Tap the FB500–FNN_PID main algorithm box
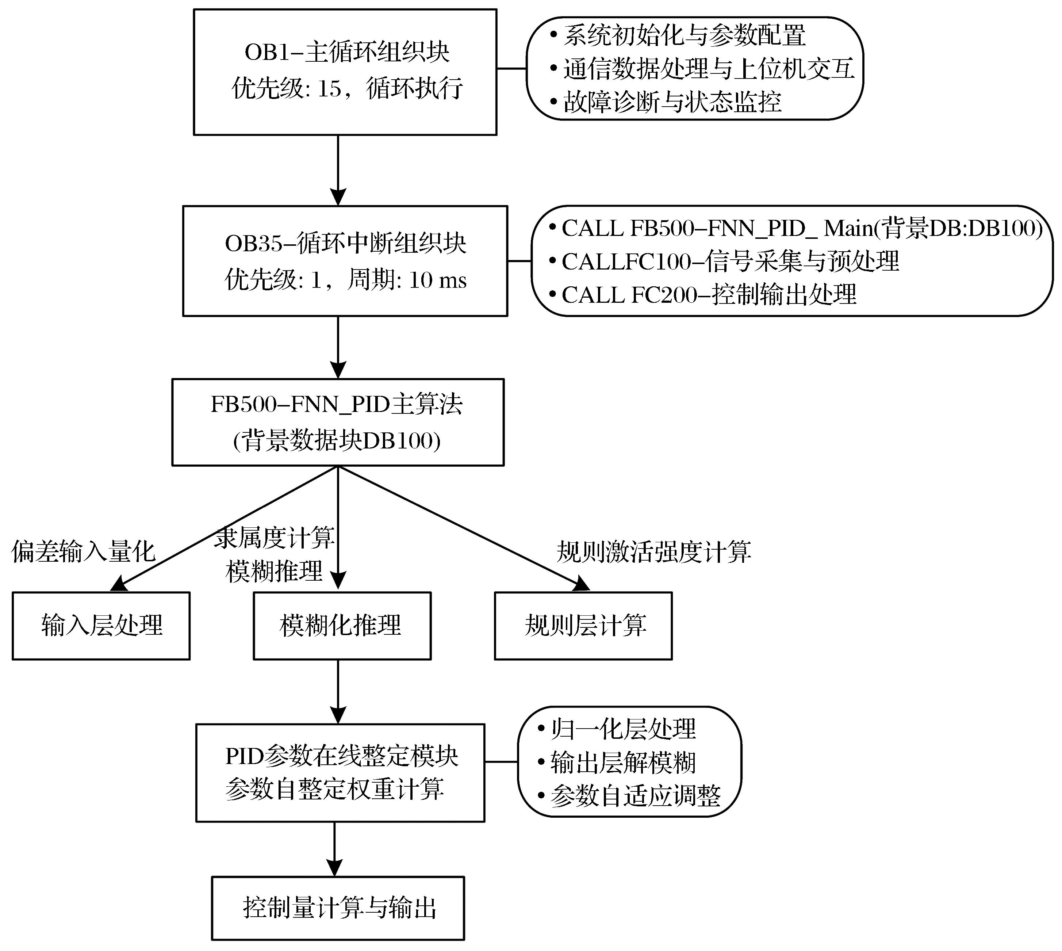click(x=338, y=422)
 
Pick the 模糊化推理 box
click(x=342, y=626)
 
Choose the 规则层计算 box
click(x=583, y=626)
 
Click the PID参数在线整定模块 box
click(x=340, y=773)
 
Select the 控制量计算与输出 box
click(x=338, y=908)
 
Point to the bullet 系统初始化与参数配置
click(x=678, y=35)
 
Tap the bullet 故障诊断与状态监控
click(x=666, y=102)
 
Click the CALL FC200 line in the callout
click(x=703, y=295)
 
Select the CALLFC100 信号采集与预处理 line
click(x=724, y=261)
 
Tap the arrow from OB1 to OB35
click(x=338, y=170)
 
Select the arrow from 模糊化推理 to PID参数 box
click(x=338, y=692)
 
